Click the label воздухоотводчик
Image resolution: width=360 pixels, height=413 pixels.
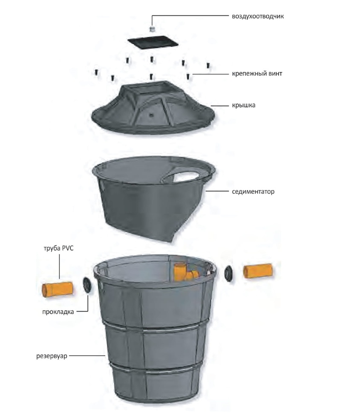(258, 16)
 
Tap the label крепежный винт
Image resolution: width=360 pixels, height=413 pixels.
(257, 74)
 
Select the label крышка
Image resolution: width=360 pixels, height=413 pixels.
(244, 105)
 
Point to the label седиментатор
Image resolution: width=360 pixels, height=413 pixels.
(253, 192)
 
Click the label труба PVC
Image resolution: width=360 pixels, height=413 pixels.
(58, 248)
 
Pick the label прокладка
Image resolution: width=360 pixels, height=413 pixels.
(58, 312)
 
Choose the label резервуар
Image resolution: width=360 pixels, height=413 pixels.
(52, 356)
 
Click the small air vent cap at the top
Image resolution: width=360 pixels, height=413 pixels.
(152, 29)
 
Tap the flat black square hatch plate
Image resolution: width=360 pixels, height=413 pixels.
(153, 43)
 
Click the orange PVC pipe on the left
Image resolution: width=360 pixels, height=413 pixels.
(58, 290)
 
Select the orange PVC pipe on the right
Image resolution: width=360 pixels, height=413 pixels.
(257, 270)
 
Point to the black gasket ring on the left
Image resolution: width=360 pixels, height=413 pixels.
(87, 285)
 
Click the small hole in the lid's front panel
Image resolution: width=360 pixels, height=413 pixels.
(151, 115)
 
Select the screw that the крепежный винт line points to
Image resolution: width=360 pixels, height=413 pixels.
(188, 76)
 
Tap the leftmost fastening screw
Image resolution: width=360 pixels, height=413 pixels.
(96, 72)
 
